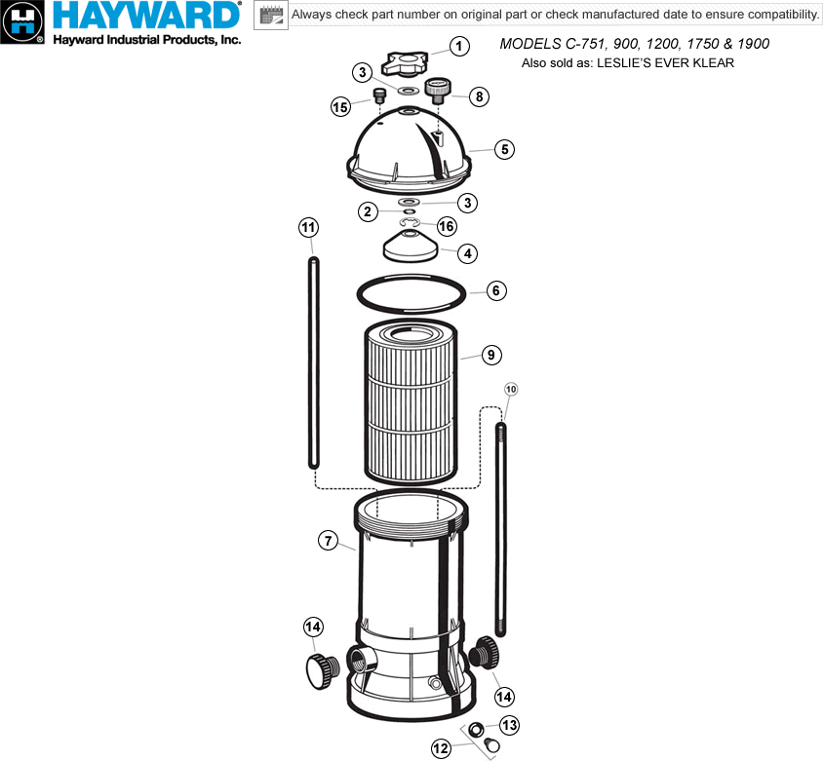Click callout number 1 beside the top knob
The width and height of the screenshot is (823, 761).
459,46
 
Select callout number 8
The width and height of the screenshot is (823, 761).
479,96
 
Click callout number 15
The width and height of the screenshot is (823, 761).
340,107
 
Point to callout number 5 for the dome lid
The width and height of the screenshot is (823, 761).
504,149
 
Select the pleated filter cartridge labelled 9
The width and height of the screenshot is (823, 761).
411,401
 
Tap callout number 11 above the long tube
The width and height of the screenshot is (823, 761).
308,228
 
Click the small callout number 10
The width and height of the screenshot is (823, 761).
511,389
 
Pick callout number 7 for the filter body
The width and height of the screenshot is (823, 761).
328,540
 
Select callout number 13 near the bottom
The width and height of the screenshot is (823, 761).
509,725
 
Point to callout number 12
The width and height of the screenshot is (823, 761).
441,748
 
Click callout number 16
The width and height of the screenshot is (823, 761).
447,226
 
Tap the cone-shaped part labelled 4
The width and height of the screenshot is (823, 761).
411,246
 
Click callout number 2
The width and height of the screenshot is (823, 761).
368,211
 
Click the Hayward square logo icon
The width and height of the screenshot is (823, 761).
22,22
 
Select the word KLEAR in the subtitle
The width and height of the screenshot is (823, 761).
714,63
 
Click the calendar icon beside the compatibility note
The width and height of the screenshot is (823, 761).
271,15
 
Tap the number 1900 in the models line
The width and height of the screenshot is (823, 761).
753,44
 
